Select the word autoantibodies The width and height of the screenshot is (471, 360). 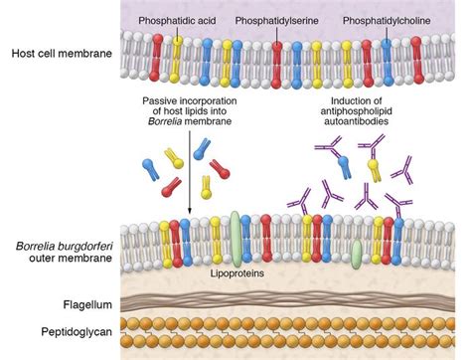pos(368,125)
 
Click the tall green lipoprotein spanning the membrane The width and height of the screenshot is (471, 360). pos(235,231)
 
